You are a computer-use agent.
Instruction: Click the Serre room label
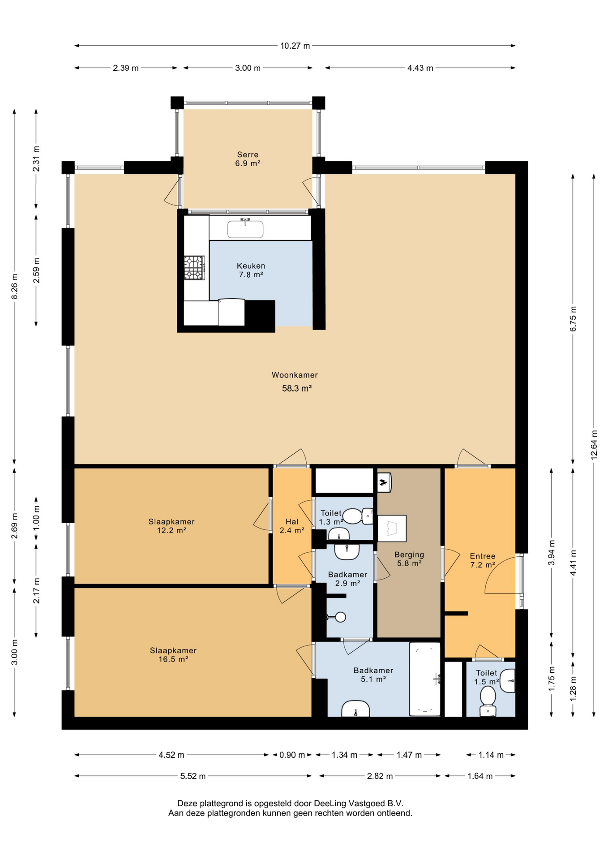[x=248, y=155]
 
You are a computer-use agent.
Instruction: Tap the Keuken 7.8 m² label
[x=251, y=270]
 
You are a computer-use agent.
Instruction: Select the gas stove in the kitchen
[x=194, y=268]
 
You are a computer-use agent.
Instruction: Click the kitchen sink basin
[x=245, y=229]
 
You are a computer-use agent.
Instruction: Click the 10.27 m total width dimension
[x=295, y=46]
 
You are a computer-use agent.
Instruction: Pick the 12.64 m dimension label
[x=594, y=444]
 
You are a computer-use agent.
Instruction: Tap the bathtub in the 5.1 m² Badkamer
[x=425, y=679]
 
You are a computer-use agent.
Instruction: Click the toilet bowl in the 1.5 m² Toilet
[x=488, y=697]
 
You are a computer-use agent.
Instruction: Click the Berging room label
[x=409, y=555]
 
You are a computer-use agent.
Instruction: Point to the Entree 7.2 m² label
[x=483, y=560]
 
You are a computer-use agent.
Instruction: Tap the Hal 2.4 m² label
[x=292, y=526]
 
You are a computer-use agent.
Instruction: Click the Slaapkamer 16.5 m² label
[x=173, y=654]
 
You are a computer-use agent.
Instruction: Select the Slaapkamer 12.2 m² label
[x=171, y=526]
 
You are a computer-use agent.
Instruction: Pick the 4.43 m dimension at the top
[x=420, y=68]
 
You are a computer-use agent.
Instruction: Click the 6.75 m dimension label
[x=573, y=319]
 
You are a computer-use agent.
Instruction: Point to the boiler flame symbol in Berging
[x=383, y=482]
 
